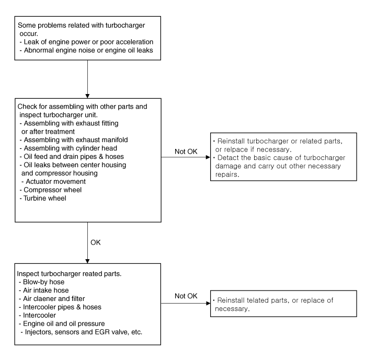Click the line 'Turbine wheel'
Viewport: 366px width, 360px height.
pyautogui.click(x=43, y=199)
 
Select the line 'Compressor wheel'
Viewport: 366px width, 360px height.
pyautogui.click(x=51, y=190)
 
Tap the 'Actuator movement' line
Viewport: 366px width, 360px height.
pyautogui.click(x=53, y=181)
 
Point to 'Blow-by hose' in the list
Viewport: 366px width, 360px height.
pyautogui.click(x=41, y=282)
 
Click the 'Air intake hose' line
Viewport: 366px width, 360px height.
pyautogui.click(x=43, y=290)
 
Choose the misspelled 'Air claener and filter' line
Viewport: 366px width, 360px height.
pyautogui.click(x=52, y=299)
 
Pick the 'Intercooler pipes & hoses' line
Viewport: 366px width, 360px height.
pyautogui.click(x=60, y=307)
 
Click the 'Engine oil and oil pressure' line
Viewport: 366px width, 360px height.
pyautogui.click(x=62, y=323)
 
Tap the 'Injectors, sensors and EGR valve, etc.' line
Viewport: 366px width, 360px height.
pyautogui.click(x=82, y=332)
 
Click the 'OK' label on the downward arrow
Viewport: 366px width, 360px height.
pyautogui.click(x=96, y=242)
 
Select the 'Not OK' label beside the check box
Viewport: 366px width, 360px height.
pyautogui.click(x=186, y=152)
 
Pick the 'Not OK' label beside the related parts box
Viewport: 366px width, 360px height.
pyautogui.click(x=186, y=296)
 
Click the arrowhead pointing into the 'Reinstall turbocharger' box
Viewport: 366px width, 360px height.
pyautogui.click(x=208, y=157)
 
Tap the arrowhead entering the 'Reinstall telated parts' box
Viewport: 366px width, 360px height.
pyautogui.click(x=208, y=303)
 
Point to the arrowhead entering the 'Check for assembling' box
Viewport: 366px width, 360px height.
pyautogui.click(x=87, y=96)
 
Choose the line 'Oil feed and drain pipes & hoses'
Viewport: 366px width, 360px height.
pyautogui.click(x=72, y=157)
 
